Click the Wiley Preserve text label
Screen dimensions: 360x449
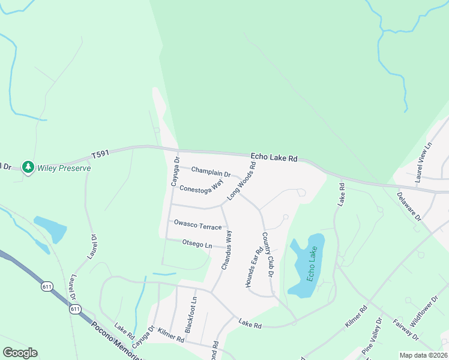tap(64, 168)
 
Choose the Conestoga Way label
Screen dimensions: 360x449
tap(202, 184)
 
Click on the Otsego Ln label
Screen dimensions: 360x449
tap(197, 244)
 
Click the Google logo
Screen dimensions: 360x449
tap(20, 353)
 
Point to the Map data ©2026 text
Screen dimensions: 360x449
tap(423, 355)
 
